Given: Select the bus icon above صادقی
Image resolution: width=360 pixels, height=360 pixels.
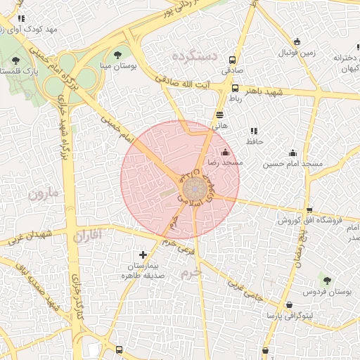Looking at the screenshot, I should point(233,60).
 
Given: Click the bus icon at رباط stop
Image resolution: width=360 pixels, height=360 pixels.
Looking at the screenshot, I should point(235,89).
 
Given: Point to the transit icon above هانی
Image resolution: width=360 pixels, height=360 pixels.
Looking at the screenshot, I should point(220,114).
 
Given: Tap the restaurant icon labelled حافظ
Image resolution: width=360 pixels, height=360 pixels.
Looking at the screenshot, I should point(253,130).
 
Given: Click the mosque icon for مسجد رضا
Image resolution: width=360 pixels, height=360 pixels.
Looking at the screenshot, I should point(225,152).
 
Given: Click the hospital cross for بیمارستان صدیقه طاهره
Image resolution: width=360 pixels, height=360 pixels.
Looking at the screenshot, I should point(143,255).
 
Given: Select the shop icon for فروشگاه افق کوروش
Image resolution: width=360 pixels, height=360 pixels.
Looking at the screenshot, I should point(309,210).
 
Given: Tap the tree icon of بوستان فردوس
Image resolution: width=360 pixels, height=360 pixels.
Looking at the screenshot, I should point(324,279).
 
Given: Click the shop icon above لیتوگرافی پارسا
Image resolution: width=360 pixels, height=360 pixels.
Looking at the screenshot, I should point(290,304).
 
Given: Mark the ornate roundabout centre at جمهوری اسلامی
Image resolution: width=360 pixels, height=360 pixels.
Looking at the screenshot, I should point(195,188).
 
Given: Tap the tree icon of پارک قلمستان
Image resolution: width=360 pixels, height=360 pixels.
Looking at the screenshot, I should point(17,60).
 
